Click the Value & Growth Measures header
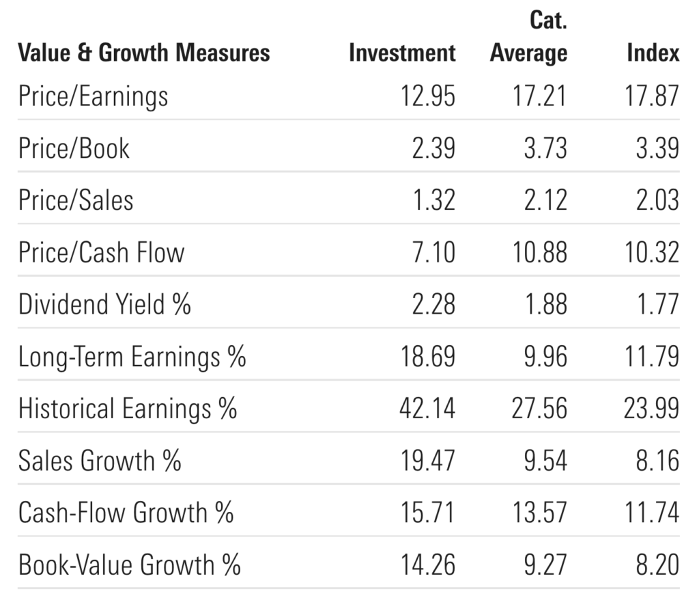[x=144, y=53]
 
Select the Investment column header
[x=402, y=53]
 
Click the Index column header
[x=653, y=53]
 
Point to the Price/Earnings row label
[x=94, y=96]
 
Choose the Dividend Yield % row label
[x=104, y=304]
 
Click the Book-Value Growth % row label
[x=130, y=565]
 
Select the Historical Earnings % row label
[x=128, y=409]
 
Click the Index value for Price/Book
[x=657, y=148]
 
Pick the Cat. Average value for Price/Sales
[x=545, y=200]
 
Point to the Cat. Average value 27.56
[x=539, y=409]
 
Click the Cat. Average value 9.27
[x=545, y=565]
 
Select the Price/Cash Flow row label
[x=102, y=252]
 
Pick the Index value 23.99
[x=652, y=409]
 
